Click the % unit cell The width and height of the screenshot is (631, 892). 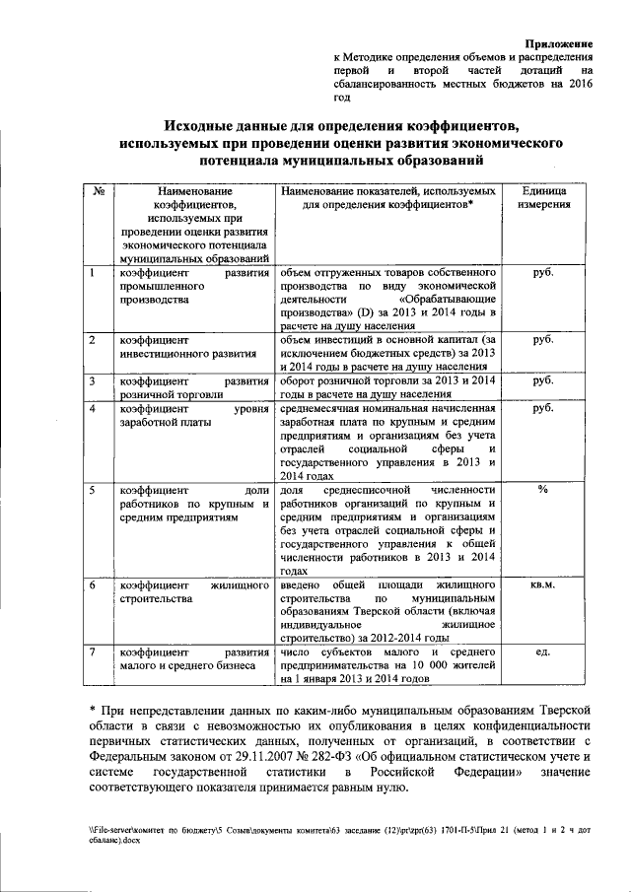click(x=541, y=490)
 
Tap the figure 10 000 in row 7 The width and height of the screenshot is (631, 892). click(x=439, y=665)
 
